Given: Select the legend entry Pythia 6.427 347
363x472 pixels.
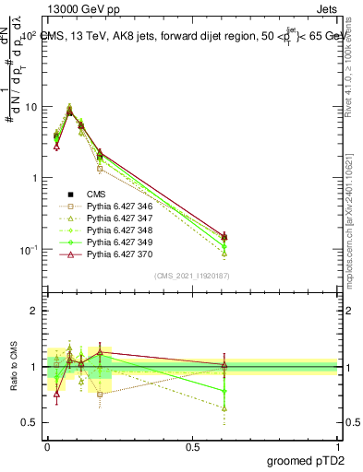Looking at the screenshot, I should click(117, 218).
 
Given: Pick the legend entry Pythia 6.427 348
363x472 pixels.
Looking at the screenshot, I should click(117, 230).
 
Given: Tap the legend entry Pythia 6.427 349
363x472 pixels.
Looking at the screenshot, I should click(117, 242).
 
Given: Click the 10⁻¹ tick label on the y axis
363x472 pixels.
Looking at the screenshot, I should click(30, 250).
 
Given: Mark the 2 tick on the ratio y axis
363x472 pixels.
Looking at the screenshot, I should click(35, 311).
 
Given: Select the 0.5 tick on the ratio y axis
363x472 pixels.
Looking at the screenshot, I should click(31, 423).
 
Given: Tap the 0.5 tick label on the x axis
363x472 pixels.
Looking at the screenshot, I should click(192, 445).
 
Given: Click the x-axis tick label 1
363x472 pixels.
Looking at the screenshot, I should click(338, 445).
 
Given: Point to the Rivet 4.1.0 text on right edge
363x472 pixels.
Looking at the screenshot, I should click(354, 65).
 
